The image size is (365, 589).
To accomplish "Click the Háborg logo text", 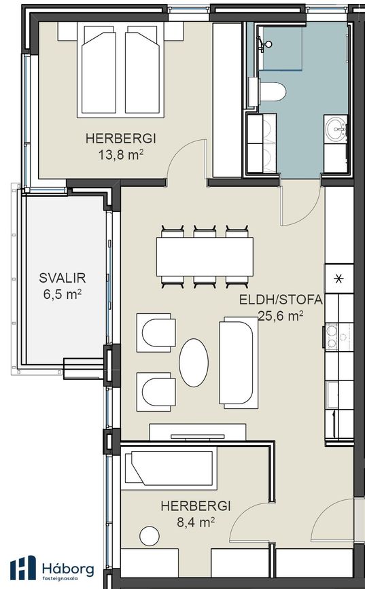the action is tap(68, 569).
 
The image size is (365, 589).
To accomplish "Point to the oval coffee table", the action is tap(194, 363).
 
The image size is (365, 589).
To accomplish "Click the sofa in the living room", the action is tap(239, 363).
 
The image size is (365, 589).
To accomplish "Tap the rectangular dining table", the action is tap(205, 257).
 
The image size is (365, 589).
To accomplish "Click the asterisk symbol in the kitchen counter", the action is tap(339, 279).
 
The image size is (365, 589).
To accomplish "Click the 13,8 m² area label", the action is tap(121, 155).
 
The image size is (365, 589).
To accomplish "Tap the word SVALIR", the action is tap(63, 278).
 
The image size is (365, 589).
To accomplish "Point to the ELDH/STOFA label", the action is tap(281, 300).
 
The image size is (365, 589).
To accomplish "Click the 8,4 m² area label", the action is tap(196, 522).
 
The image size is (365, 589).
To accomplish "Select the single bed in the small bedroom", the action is tap(169, 468).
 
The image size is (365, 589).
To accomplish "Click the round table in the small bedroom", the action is tap(150, 535).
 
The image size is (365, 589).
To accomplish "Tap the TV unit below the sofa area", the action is tap(198, 432).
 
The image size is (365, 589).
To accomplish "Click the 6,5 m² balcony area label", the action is tap(63, 293).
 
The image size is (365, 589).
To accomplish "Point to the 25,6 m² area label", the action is tap(281, 315).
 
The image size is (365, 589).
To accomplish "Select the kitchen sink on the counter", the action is tap(332, 395).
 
